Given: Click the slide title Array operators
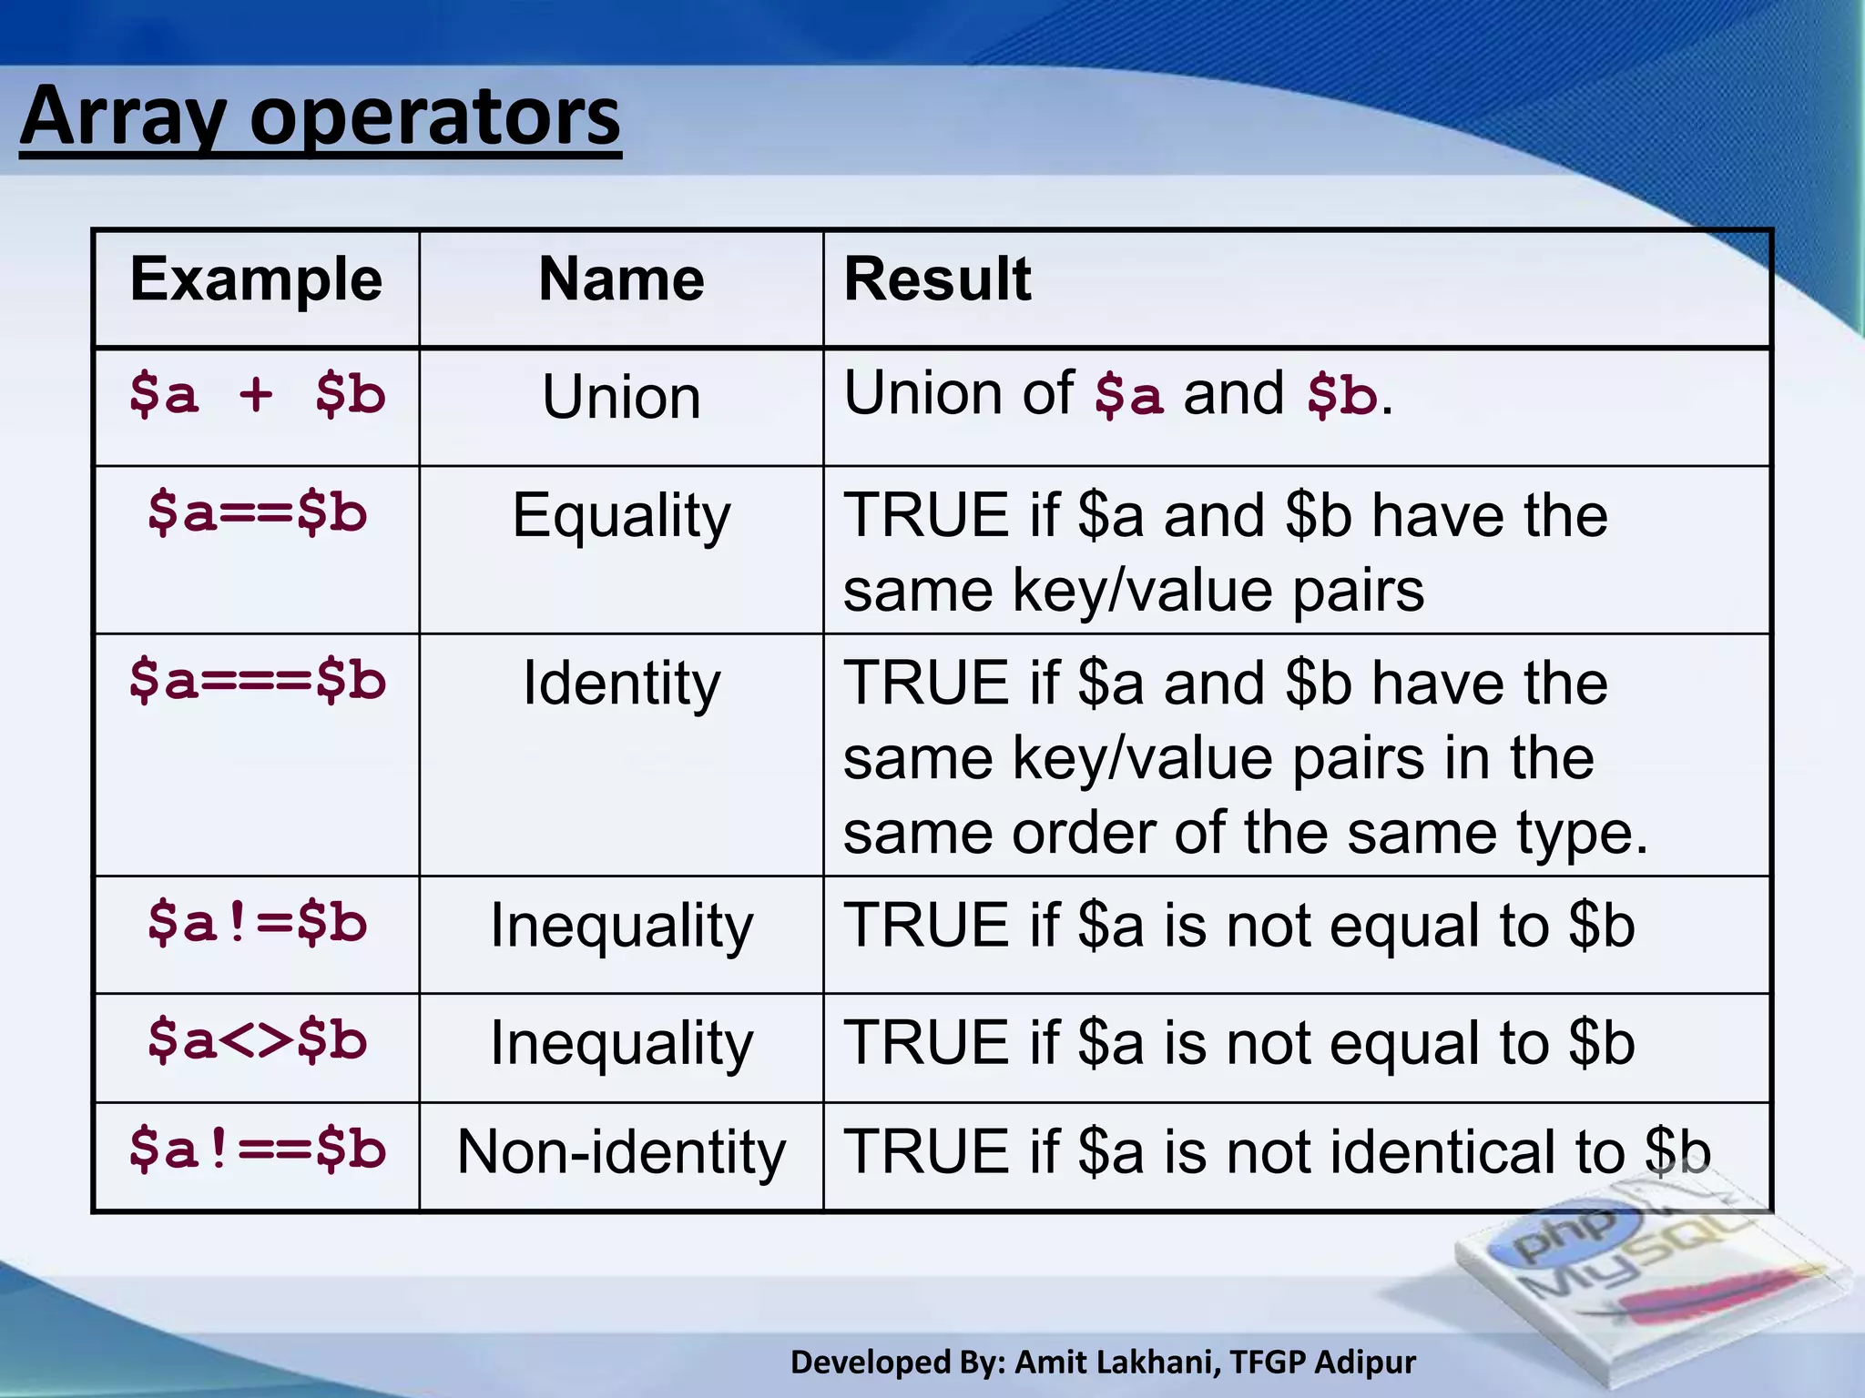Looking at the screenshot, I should [320, 117].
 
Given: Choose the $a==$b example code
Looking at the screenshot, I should [257, 512].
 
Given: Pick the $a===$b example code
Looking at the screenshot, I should [257, 681].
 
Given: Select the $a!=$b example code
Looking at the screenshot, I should [257, 923].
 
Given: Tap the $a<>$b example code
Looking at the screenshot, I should [257, 1040].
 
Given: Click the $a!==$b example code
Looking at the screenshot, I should [257, 1150].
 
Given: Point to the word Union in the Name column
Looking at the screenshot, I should [621, 398].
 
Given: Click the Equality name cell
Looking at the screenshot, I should [621, 516].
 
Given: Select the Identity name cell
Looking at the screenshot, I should [621, 684].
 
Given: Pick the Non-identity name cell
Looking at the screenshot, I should [621, 1152].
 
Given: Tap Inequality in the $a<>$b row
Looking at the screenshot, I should [621, 1043].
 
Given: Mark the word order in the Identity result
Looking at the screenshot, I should [1082, 833].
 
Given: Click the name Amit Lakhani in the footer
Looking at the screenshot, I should [1116, 1363].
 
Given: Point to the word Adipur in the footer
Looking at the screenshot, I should [1365, 1363].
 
